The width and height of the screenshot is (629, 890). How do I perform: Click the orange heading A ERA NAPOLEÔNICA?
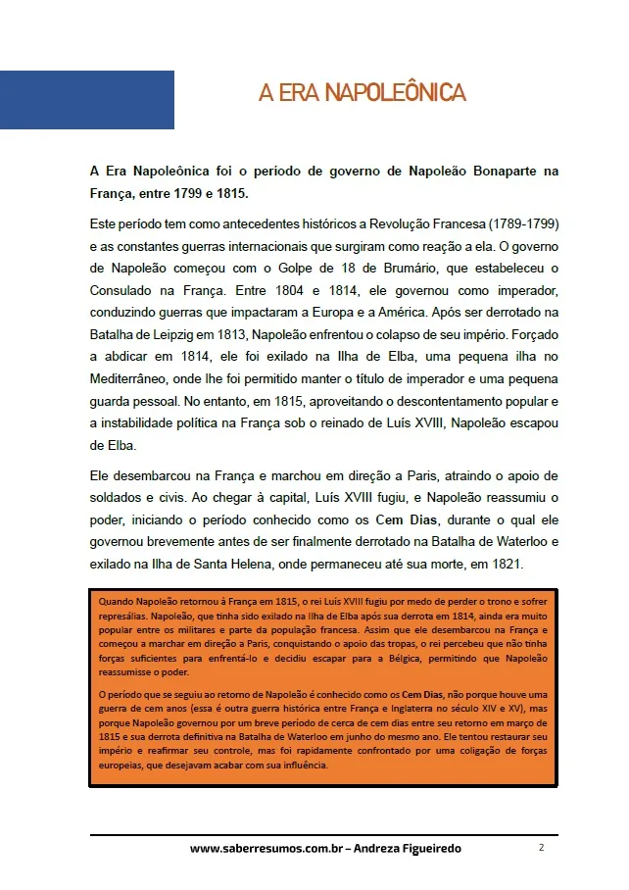[362, 93]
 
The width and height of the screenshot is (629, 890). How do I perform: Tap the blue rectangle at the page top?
[87, 100]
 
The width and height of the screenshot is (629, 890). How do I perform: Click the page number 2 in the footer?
[541, 847]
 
